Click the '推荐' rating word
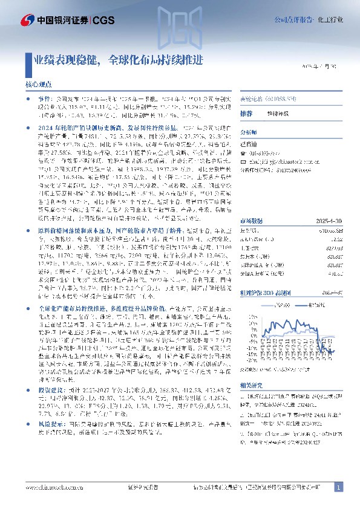246,114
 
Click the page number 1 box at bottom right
339,487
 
